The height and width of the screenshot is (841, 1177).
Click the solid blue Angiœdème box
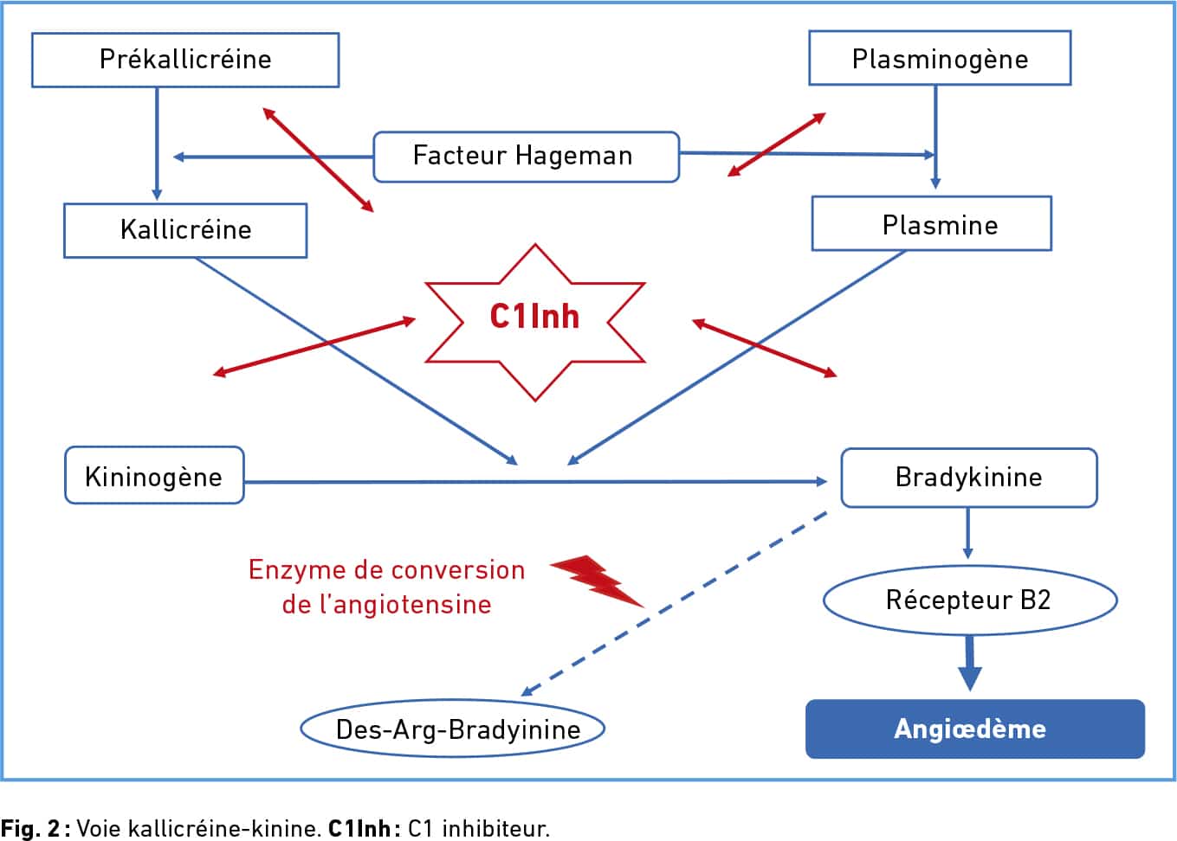(x=975, y=729)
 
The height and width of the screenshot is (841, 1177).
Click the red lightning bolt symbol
(x=598, y=581)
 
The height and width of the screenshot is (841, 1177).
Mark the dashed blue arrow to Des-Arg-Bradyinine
(x=674, y=604)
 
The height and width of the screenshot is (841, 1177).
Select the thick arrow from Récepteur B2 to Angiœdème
(x=970, y=663)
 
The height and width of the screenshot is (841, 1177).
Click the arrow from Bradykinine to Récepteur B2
(x=968, y=533)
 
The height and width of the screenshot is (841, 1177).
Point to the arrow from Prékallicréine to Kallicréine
(x=157, y=144)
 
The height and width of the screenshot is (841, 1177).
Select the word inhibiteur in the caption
(x=495, y=828)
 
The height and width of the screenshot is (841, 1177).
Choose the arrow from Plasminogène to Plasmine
(x=935, y=137)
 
